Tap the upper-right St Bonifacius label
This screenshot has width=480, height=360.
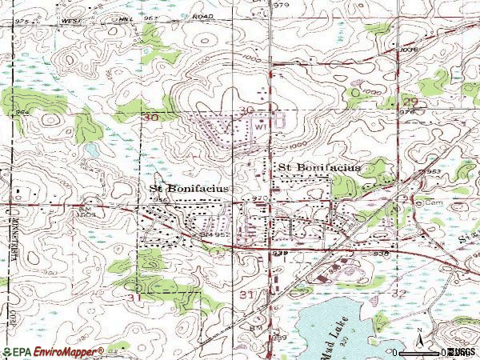click(318, 166)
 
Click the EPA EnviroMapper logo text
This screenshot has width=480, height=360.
click(53, 351)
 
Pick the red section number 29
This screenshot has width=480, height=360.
click(410, 102)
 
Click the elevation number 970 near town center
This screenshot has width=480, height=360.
click(258, 197)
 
